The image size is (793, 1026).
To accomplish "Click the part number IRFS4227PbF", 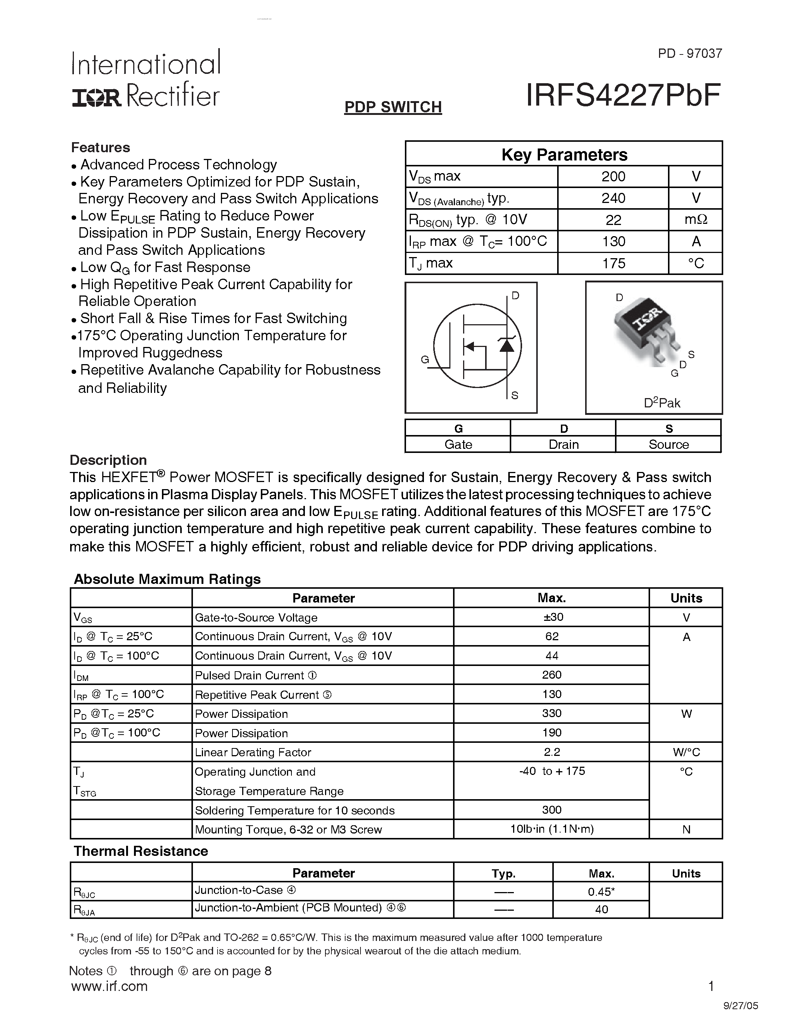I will tap(623, 96).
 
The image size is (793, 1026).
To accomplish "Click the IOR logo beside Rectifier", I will tap(96, 98).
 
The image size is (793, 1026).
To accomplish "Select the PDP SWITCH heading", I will tap(393, 107).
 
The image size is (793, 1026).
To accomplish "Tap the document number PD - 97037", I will tap(690, 54).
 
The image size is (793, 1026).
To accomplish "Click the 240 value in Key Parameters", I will tap(613, 198).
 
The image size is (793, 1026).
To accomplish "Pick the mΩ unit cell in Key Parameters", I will tap(696, 220).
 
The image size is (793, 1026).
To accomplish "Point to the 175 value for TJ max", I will tap(613, 263).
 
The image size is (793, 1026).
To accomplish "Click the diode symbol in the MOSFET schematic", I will tap(506, 345).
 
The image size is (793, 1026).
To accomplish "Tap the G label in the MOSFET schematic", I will tap(425, 360).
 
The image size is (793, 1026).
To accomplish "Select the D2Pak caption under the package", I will tap(662, 403).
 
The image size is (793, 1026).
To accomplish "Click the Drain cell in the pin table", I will tap(563, 444).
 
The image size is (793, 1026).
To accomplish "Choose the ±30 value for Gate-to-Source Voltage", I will tap(552, 617).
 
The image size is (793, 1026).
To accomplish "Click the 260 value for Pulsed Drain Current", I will tap(552, 675).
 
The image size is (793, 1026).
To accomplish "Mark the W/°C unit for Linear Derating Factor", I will tap(686, 752).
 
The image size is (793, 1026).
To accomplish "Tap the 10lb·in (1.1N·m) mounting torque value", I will tap(552, 829).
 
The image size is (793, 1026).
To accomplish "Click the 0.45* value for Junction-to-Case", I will tap(601, 892).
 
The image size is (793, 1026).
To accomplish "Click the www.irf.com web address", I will tap(109, 986).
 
